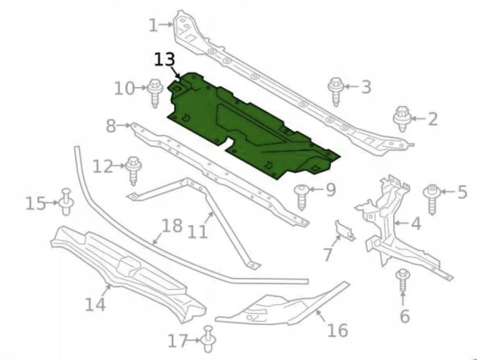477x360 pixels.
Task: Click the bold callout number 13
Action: (x=165, y=59)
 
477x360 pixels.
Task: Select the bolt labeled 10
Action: (x=155, y=92)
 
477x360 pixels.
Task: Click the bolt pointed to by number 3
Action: (x=336, y=92)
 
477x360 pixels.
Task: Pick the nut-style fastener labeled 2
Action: (x=402, y=119)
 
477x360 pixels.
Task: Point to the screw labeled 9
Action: (x=301, y=197)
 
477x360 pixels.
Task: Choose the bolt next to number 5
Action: (x=432, y=199)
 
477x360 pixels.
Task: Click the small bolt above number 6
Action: (x=403, y=280)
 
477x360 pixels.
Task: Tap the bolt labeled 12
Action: (x=133, y=170)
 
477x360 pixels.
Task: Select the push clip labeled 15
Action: (x=66, y=202)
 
